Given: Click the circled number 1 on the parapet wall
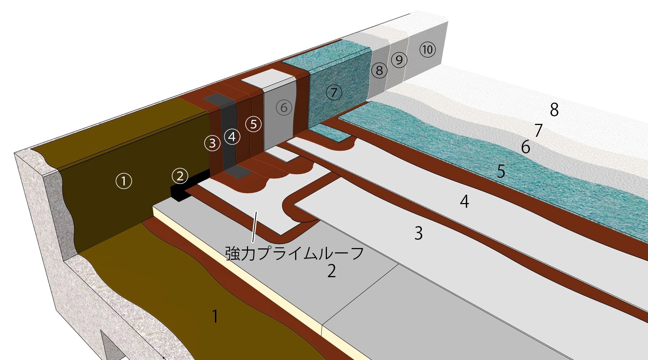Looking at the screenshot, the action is pyautogui.click(x=124, y=181).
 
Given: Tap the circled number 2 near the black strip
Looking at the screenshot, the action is pyautogui.click(x=180, y=176).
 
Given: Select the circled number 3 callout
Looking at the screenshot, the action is pyautogui.click(x=212, y=143).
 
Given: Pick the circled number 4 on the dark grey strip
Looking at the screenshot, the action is pyautogui.click(x=232, y=137).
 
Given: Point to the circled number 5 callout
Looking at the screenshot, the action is pyautogui.click(x=254, y=124).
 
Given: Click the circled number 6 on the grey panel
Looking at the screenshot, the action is pyautogui.click(x=284, y=107).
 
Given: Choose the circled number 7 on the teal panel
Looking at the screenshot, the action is pyautogui.click(x=334, y=93).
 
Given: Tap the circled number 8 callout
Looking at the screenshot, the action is pyautogui.click(x=379, y=70).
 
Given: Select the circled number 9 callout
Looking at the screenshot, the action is pyautogui.click(x=399, y=60).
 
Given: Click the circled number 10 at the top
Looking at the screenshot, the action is pyautogui.click(x=428, y=49).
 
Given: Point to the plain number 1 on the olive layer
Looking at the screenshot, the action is pyautogui.click(x=215, y=316).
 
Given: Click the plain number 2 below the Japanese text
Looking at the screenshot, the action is pyautogui.click(x=332, y=271).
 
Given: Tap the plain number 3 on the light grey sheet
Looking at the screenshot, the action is pyautogui.click(x=418, y=233).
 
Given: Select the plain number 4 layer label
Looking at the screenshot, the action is pyautogui.click(x=465, y=202).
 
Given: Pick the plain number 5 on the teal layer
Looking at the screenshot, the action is pyautogui.click(x=501, y=171).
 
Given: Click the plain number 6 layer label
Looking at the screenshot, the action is pyautogui.click(x=526, y=147).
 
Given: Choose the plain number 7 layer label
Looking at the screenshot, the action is pyautogui.click(x=539, y=130).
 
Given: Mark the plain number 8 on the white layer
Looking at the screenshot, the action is pyautogui.click(x=554, y=109).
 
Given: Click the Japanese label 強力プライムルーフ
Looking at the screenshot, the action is pyautogui.click(x=294, y=253).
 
